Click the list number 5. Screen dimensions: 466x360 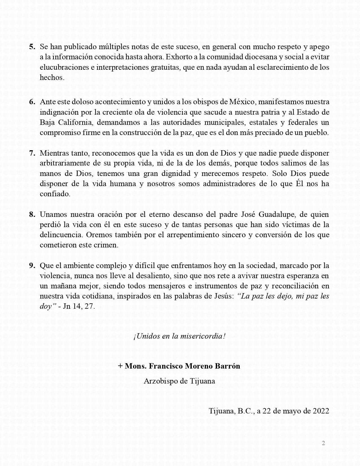pyautogui.click(x=32, y=47)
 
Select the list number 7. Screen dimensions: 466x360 pyautogui.click(x=32, y=153)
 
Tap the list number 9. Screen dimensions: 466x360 pyautogui.click(x=32, y=266)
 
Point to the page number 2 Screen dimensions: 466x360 pyautogui.click(x=324, y=443)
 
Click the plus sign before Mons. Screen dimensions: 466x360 pyautogui.click(x=121, y=366)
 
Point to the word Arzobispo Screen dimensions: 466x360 pyautogui.click(x=160, y=381)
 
